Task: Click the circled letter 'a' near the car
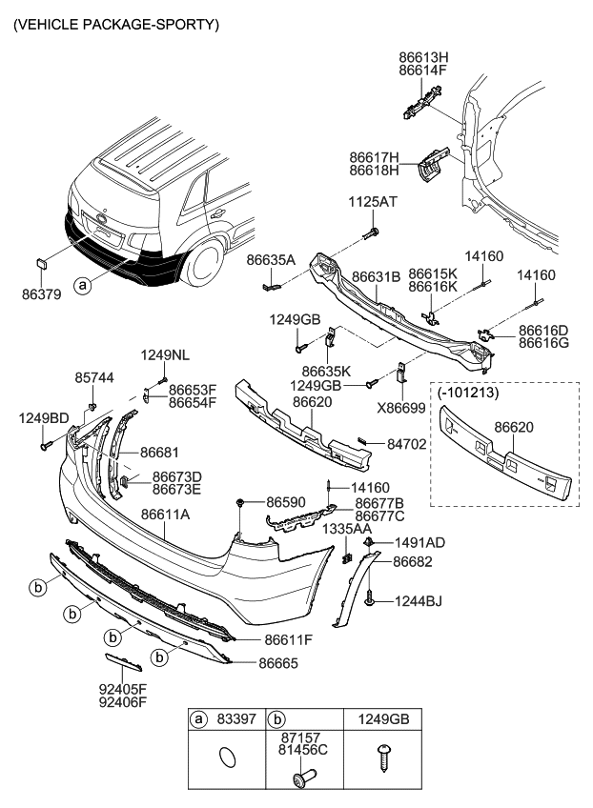coord(84,284)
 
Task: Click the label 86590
coord(286,500)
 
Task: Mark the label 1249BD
coord(43,417)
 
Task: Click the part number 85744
coord(93,377)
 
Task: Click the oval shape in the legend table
coord(227,757)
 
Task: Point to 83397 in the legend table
coord(238,721)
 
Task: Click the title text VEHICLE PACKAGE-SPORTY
coord(115,23)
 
